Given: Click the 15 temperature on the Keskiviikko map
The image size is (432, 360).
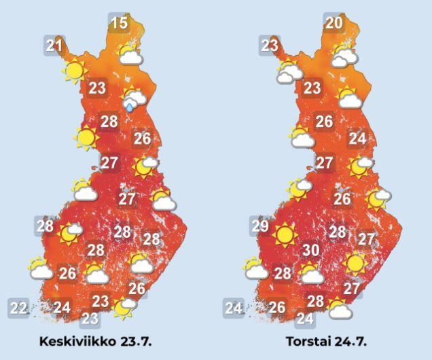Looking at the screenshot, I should coord(119,24).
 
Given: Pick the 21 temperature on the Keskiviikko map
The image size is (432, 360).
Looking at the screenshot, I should coord(54,46).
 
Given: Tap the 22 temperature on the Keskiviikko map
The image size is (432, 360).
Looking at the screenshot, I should coord(19,308).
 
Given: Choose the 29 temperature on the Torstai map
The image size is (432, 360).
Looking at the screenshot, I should coord(259,226).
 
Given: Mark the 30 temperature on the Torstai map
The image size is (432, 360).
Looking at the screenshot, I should coord(311,250).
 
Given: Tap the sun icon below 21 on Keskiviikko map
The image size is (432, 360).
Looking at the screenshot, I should coord(75,70).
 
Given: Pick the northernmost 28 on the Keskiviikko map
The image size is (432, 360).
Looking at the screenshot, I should coord(109,122).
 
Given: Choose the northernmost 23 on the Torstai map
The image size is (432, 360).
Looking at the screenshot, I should coord(270,46).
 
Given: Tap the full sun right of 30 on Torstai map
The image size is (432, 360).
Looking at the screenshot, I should coord(353,262).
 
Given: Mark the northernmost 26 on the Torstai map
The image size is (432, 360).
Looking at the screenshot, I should coord(324,122).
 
